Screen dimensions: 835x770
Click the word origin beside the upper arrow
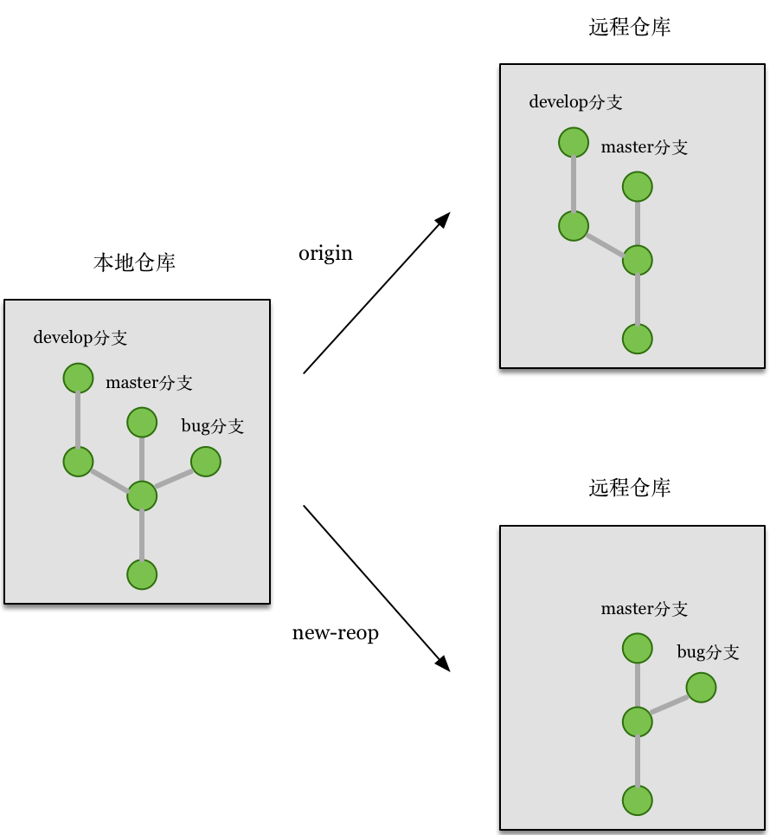tap(325, 254)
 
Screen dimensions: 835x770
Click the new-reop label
tap(336, 633)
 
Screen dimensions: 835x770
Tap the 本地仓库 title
tap(134, 263)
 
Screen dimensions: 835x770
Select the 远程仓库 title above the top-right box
tap(630, 28)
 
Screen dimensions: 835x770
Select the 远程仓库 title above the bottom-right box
tap(630, 489)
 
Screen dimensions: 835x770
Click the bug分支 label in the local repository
tap(212, 426)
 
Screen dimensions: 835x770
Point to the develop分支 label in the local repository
tap(80, 338)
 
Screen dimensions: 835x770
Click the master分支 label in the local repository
tap(149, 383)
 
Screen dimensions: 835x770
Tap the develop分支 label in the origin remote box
tap(575, 102)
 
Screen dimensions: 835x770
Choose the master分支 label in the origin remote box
tap(645, 147)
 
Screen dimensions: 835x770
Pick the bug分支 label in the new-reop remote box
tap(708, 652)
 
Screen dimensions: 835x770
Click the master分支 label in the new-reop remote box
tap(645, 609)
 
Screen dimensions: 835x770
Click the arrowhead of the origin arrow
tap(444, 218)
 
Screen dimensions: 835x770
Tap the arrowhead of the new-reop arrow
tap(444, 664)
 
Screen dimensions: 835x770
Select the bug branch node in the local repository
tap(206, 462)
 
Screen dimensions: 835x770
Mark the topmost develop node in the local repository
tap(78, 379)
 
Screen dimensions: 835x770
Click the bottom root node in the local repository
tap(142, 574)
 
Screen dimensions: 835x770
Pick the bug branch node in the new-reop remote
tap(701, 689)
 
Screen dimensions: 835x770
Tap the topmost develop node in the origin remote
tap(574, 142)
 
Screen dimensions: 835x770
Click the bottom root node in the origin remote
tap(638, 339)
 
